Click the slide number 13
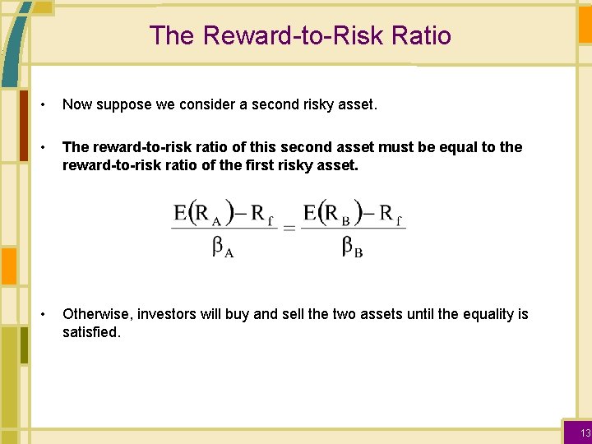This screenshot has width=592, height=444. pos(585,432)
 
